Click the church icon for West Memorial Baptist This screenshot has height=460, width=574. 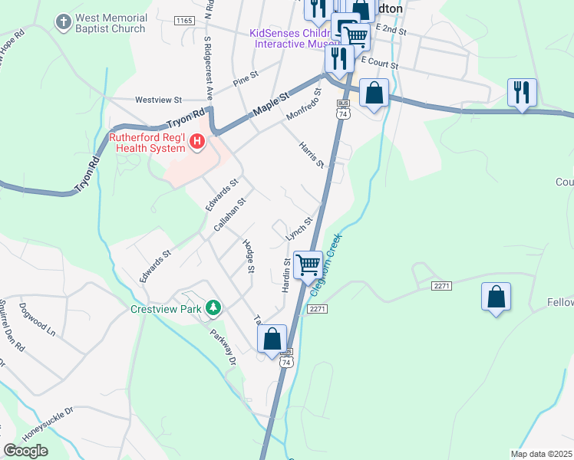[x=64, y=23]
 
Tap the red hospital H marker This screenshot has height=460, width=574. [x=198, y=141]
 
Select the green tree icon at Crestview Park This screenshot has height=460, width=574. [x=213, y=309]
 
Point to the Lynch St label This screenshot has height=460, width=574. [x=299, y=229]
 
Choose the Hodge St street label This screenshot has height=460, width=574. [x=248, y=255]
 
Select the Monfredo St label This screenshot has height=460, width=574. [x=302, y=104]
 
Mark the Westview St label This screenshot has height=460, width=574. [x=158, y=100]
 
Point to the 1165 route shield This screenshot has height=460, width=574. [x=183, y=21]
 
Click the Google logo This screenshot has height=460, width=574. [x=26, y=451]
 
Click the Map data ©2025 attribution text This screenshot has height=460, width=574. [x=541, y=454]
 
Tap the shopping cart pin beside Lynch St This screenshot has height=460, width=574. [x=308, y=264]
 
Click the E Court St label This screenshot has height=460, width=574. [x=379, y=63]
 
